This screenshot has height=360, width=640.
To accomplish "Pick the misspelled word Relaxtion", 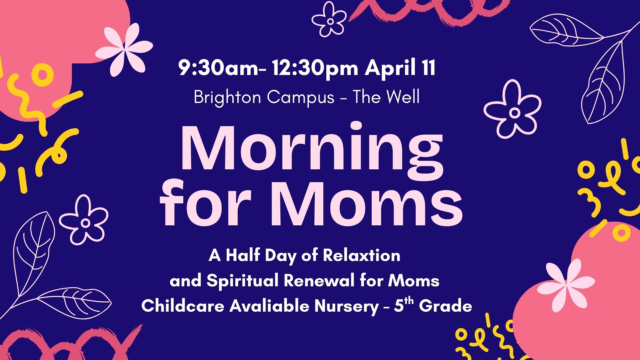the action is pyautogui.click(x=362, y=255).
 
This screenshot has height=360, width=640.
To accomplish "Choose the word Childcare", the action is pyautogui.click(x=183, y=306).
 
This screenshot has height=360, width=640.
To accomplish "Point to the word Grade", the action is pyautogui.click(x=446, y=306).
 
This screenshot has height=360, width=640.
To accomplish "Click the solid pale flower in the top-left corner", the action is pyautogui.click(x=124, y=49).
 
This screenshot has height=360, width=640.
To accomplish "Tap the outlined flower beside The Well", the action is pyautogui.click(x=512, y=109).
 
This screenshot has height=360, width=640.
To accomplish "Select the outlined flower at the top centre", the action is pyautogui.click(x=329, y=19).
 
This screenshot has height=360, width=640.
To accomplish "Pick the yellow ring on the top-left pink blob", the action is pyautogui.click(x=43, y=74).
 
